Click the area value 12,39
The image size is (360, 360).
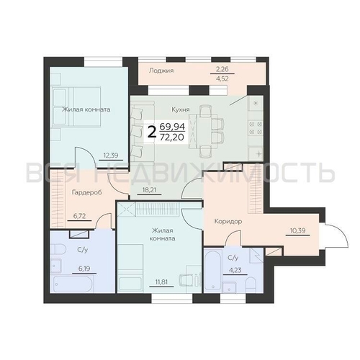tap(110, 154)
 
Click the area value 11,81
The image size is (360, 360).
tap(158, 272)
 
